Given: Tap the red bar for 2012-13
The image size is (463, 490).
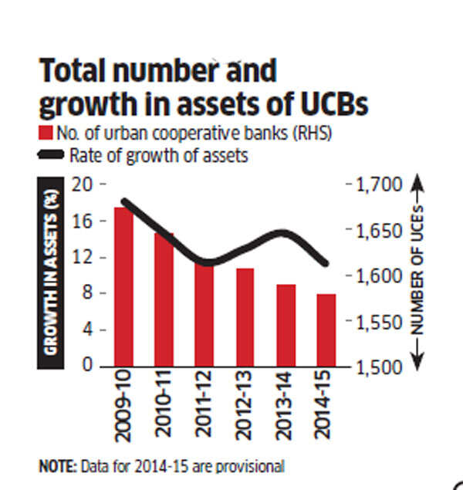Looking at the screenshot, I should tap(245, 317).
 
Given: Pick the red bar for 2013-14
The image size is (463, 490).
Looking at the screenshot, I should tap(286, 325).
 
